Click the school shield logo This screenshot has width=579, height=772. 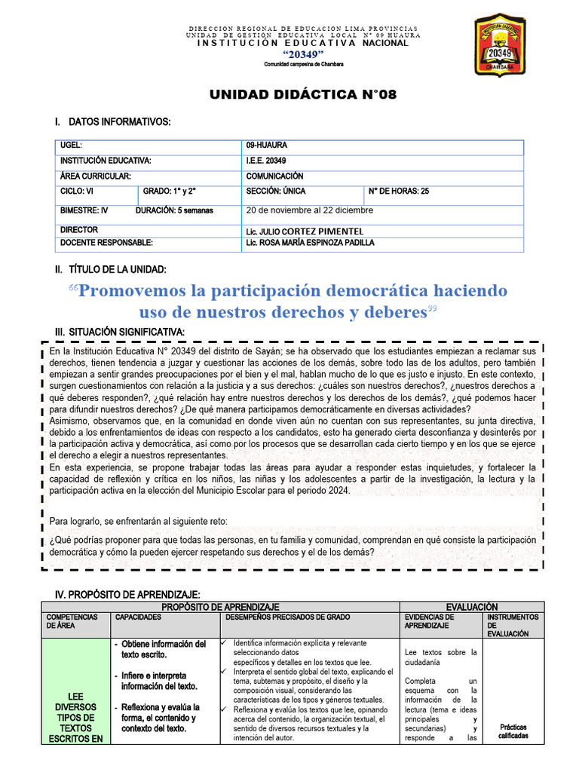pyautogui.click(x=506, y=44)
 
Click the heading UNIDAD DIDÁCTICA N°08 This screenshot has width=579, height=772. pyautogui.click(x=302, y=94)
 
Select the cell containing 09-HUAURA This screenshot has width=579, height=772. pyautogui.click(x=266, y=145)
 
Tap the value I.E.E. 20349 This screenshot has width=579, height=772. pyautogui.click(x=265, y=161)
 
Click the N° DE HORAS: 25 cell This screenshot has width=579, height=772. pyautogui.click(x=398, y=191)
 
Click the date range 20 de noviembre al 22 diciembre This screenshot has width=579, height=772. pyautogui.click(x=309, y=210)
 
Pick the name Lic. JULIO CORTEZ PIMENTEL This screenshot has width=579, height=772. pyautogui.click(x=305, y=231)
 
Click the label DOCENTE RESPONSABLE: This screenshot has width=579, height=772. pyautogui.click(x=106, y=243)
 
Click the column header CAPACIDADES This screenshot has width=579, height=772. pyautogui.click(x=138, y=617)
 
